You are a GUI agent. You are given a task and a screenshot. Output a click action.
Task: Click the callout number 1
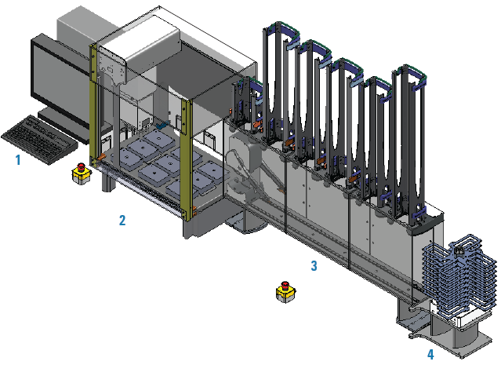click(x=18, y=159)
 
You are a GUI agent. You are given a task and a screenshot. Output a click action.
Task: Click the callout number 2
click(x=122, y=220)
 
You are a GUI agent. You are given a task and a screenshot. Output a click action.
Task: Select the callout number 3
click(x=314, y=265)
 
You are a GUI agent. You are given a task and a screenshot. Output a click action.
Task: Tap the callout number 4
click(x=430, y=354)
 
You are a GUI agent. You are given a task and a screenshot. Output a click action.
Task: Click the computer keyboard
click(x=39, y=141)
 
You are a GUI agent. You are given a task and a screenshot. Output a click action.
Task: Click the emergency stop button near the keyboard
click(x=82, y=173)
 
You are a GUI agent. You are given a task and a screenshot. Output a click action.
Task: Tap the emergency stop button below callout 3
click(x=285, y=292)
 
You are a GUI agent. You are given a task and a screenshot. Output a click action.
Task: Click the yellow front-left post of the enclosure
click(x=93, y=105)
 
